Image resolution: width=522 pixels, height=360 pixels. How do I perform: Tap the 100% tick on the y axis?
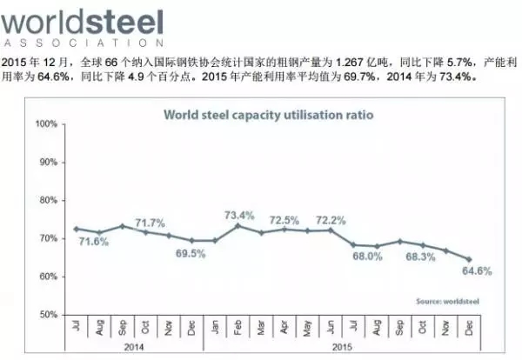tap(46, 124)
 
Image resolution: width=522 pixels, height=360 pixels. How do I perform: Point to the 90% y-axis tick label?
tap(48, 163)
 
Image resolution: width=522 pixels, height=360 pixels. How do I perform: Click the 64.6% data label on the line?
tap(477, 271)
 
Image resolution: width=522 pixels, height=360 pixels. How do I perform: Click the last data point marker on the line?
tap(469, 259)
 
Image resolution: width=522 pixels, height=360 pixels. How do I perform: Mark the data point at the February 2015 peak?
tap(238, 225)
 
